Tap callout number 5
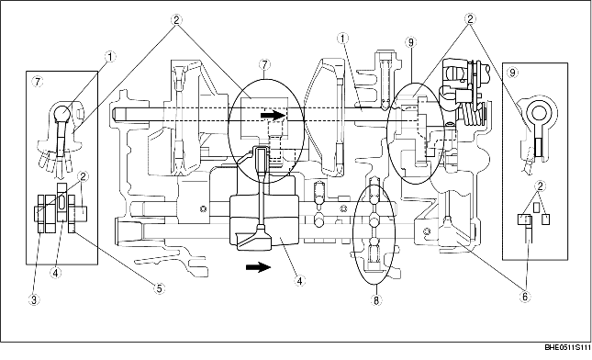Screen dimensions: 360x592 point(158,288)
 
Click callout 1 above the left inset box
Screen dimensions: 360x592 point(109,56)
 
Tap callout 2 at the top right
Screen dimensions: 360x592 point(469,17)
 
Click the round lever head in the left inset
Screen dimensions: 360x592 point(61,115)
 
